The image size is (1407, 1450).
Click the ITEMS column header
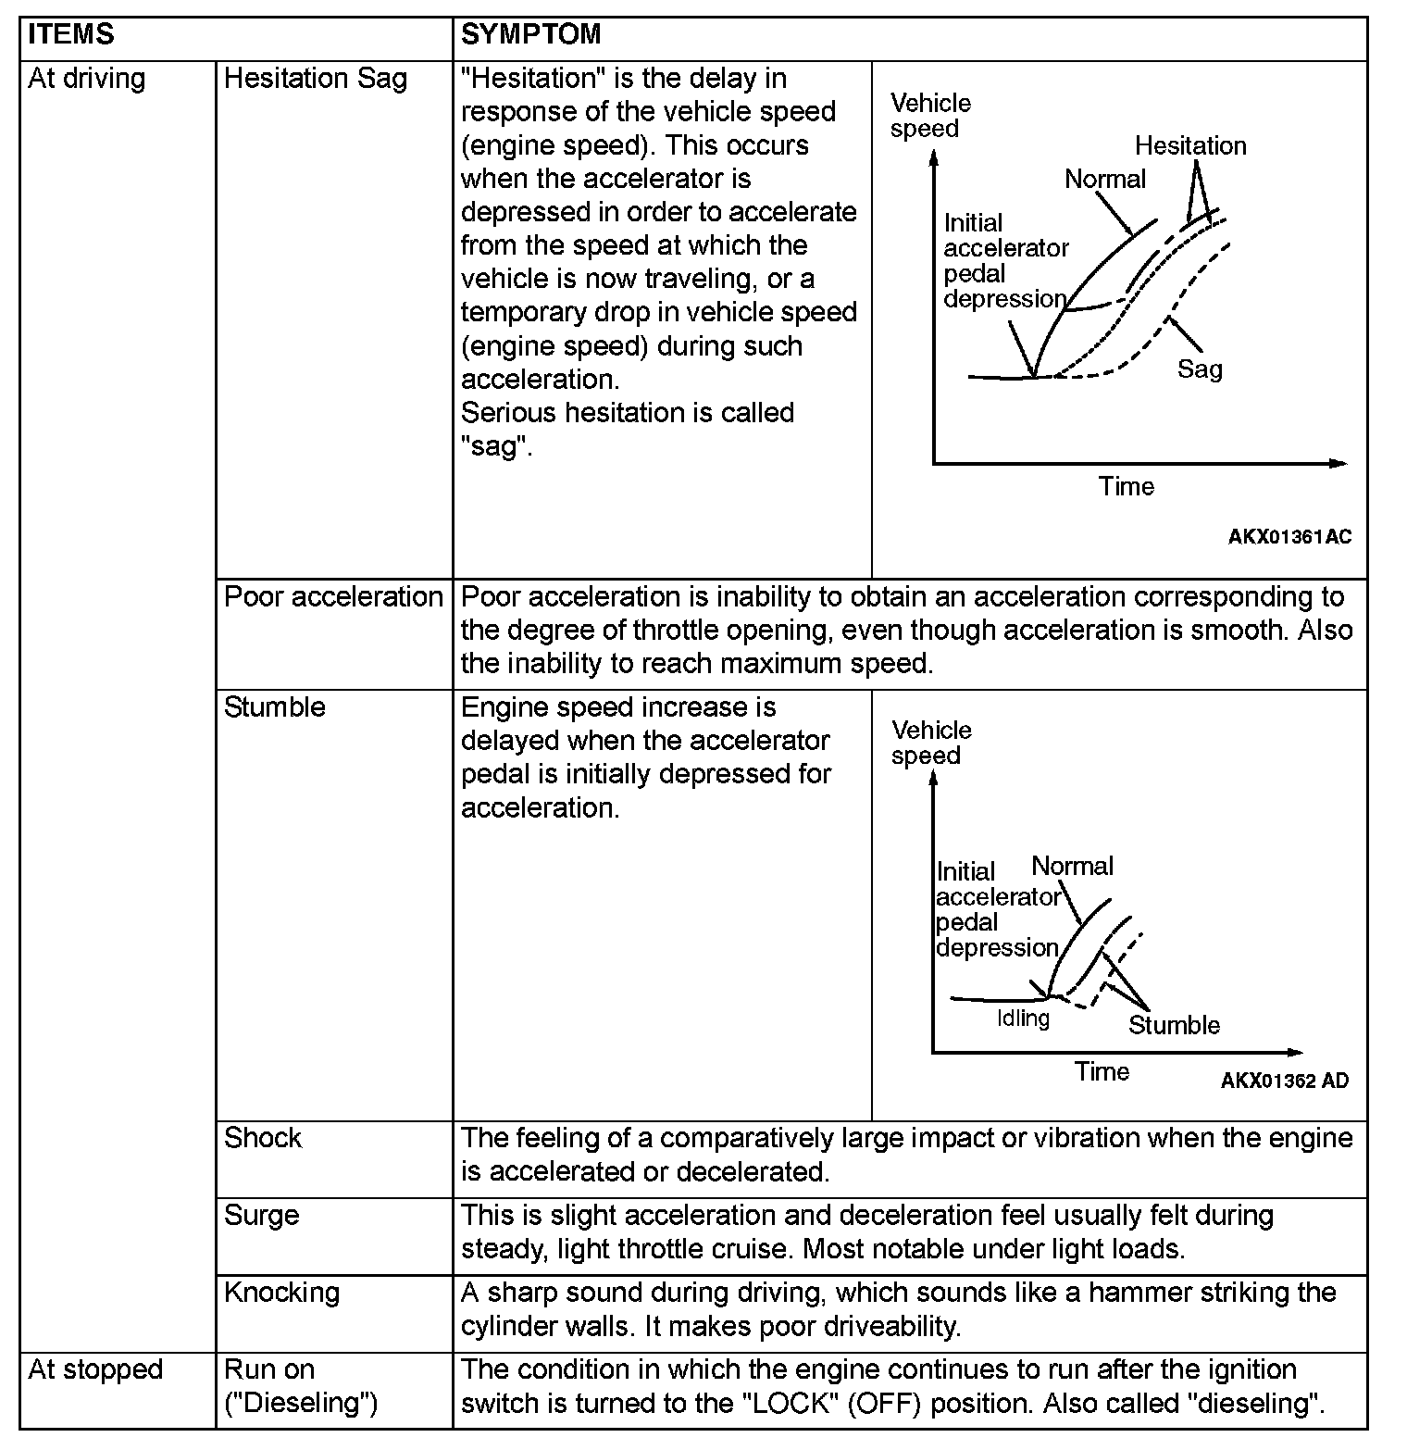pyautogui.click(x=71, y=35)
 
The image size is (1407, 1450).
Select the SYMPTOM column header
pyautogui.click(x=531, y=35)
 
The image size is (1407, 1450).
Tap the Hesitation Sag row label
pyautogui.click(x=316, y=79)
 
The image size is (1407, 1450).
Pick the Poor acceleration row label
pyautogui.click(x=333, y=597)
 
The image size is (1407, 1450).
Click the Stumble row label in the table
pyautogui.click(x=275, y=707)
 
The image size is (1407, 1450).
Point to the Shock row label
pyautogui.click(x=263, y=1138)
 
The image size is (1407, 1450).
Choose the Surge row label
pyautogui.click(x=262, y=1216)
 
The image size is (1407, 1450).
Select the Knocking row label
pyautogui.click(x=282, y=1293)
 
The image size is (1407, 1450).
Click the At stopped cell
pyautogui.click(x=95, y=1370)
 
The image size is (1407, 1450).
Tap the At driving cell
pyautogui.click(x=87, y=79)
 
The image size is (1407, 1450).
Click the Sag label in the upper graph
pyautogui.click(x=1200, y=369)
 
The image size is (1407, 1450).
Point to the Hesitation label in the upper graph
pyautogui.click(x=1190, y=146)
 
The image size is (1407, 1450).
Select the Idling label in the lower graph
pyautogui.click(x=1023, y=1019)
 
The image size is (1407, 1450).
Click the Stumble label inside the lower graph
pyautogui.click(x=1174, y=1026)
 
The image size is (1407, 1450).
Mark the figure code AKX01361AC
pyautogui.click(x=1289, y=537)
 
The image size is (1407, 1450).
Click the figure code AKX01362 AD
pyautogui.click(x=1285, y=1081)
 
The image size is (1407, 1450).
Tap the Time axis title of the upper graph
pyautogui.click(x=1127, y=487)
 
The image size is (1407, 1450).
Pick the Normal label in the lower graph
pyautogui.click(x=1073, y=867)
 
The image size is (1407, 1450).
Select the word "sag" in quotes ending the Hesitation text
pyautogui.click(x=494, y=447)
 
